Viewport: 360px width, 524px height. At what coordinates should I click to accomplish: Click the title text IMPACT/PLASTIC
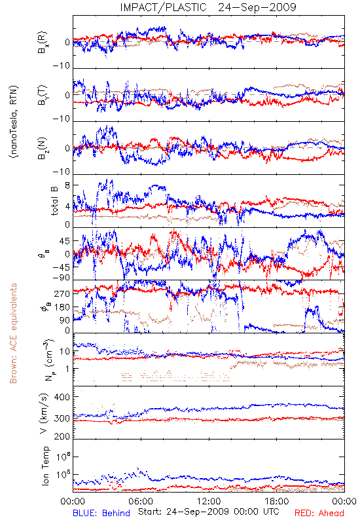tap(163, 7)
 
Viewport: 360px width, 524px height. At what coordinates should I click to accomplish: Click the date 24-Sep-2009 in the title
tap(257, 7)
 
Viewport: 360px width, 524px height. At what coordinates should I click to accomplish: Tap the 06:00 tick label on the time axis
tap(141, 501)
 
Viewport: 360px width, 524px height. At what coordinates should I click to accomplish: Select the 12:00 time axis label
tap(209, 501)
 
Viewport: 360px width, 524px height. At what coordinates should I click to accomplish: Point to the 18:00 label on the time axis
tap(277, 501)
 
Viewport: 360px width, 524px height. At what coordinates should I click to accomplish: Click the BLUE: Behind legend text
tap(101, 513)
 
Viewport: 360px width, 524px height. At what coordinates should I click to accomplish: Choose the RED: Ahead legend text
tap(319, 513)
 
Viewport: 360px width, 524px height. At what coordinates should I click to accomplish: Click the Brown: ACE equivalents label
tap(13, 333)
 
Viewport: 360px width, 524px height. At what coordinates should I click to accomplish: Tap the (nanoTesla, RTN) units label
tap(13, 122)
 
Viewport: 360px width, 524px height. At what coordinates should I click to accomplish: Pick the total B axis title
tap(54, 201)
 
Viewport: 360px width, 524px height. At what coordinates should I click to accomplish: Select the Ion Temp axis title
tap(45, 466)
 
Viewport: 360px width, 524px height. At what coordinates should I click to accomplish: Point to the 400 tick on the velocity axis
tap(63, 398)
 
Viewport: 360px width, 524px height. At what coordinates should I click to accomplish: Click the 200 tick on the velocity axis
tap(63, 436)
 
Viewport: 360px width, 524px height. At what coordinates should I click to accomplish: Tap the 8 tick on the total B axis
tap(67, 186)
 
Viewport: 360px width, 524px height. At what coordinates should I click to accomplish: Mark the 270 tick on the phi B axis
tap(63, 293)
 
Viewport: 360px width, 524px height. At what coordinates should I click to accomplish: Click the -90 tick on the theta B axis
tap(62, 277)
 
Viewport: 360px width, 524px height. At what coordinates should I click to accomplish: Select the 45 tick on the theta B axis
tap(65, 241)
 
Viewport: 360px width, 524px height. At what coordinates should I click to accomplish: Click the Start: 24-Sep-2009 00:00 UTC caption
tap(209, 512)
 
